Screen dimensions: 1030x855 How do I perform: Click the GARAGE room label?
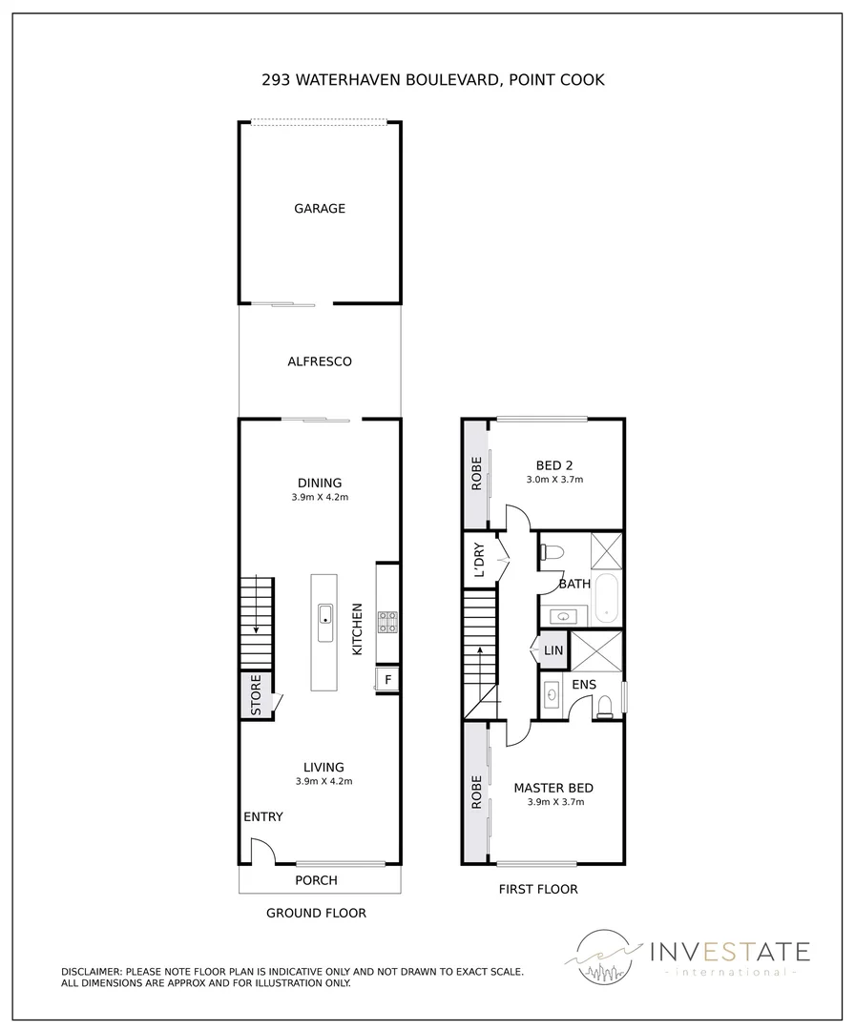point(319,209)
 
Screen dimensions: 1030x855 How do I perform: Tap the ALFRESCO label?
point(320,361)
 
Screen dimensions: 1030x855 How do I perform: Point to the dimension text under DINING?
point(320,498)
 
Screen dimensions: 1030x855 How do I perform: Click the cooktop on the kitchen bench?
point(388,622)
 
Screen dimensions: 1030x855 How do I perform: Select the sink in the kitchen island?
point(324,612)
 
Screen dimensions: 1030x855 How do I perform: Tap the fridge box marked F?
point(387,679)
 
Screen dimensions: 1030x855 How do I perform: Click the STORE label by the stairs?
point(256,695)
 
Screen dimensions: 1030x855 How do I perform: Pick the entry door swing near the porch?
point(261,850)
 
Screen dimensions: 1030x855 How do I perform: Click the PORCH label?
point(316,880)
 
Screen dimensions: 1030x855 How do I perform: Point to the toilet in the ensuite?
point(602,706)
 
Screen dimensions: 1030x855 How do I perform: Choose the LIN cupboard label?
point(553,651)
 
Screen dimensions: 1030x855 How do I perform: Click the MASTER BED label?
point(553,788)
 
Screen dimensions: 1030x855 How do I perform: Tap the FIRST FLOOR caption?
point(538,890)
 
